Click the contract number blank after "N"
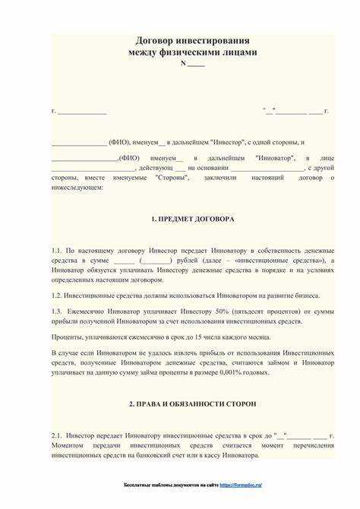[x=196, y=64]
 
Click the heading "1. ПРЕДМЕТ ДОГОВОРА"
[x=192, y=219]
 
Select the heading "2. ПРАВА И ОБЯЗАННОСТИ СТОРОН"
[x=192, y=403]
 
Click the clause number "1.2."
[x=57, y=295]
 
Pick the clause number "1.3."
[x=57, y=311]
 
